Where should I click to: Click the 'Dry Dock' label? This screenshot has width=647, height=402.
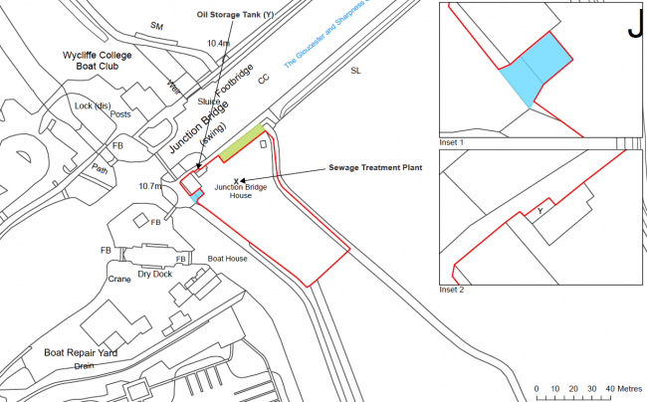[x=156, y=273]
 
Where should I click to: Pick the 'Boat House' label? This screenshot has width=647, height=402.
[x=227, y=259]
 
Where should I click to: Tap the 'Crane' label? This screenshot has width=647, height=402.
[x=120, y=280]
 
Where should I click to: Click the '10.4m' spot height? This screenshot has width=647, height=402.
[x=218, y=44]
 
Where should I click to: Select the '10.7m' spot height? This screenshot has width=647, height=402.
[x=151, y=186]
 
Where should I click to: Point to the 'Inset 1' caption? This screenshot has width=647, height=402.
[x=453, y=142]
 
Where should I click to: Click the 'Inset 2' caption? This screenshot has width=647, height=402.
[x=453, y=290]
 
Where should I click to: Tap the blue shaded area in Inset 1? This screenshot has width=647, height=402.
[x=538, y=68]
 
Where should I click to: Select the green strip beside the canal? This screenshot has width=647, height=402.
[x=241, y=140]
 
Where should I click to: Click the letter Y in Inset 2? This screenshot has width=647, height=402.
[x=540, y=210]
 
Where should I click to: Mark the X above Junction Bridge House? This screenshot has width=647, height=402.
[x=235, y=180]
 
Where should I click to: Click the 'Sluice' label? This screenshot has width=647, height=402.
[x=208, y=100]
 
